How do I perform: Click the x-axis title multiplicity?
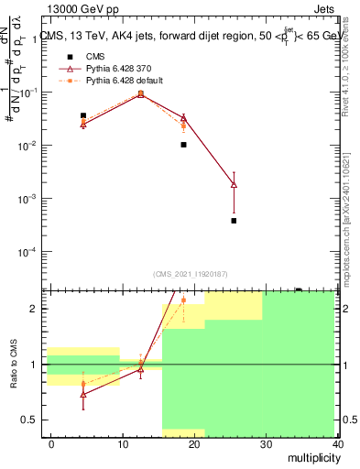(311, 455)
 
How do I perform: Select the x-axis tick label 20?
(194, 442)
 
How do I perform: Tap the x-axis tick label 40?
(337, 442)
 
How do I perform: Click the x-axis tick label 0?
(51, 442)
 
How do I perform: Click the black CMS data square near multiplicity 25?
(234, 221)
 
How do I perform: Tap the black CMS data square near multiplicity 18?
(183, 145)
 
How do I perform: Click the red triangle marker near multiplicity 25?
(234, 184)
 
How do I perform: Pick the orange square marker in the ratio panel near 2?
(183, 300)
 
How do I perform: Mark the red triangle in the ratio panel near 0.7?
(83, 394)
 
